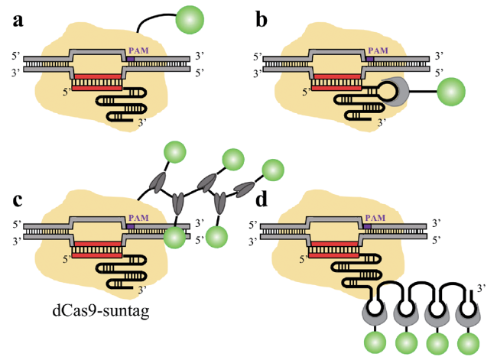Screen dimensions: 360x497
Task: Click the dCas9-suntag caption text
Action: click(x=90, y=310)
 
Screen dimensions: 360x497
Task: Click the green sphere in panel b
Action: click(x=451, y=91)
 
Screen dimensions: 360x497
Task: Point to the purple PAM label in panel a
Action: click(x=142, y=50)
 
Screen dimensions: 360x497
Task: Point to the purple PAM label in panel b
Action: click(x=378, y=50)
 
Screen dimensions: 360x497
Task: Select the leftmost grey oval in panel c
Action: click(x=155, y=183)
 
